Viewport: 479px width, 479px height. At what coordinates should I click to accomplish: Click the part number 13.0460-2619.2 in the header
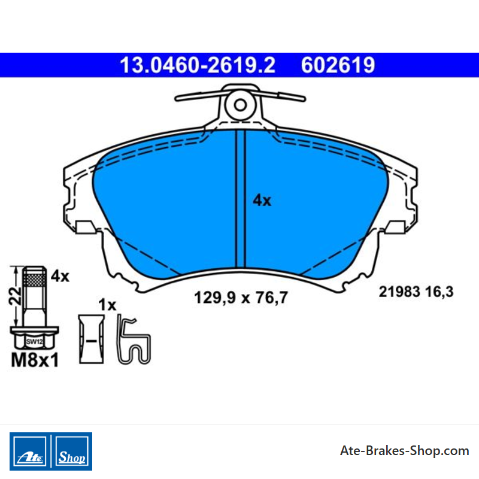point(198,65)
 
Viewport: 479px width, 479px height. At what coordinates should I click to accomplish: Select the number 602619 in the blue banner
point(338,65)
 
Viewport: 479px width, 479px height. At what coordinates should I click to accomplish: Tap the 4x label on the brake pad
point(262,201)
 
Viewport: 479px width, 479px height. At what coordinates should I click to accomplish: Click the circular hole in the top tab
point(240,105)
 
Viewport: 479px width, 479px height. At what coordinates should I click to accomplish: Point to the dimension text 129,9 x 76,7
point(241,298)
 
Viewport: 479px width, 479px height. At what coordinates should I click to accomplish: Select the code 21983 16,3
point(416,292)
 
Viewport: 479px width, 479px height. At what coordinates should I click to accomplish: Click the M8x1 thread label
point(35,360)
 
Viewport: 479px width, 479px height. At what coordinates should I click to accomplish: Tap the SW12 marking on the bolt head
point(34,341)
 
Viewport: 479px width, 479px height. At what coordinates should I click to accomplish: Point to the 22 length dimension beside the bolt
point(15,296)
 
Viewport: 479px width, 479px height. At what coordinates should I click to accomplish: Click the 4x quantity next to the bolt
point(60,276)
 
